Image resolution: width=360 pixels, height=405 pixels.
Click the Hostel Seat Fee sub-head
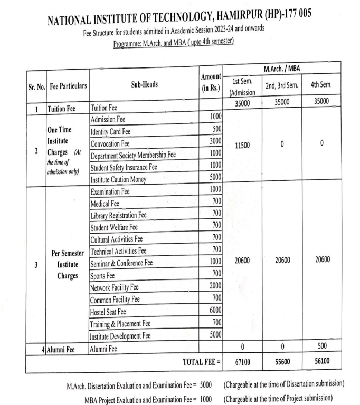(113, 311)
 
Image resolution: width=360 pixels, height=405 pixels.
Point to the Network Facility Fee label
(115, 288)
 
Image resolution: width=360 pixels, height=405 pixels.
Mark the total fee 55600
(282, 363)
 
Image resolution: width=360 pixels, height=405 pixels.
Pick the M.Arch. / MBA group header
(282, 67)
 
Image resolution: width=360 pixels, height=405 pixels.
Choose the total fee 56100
(322, 363)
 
